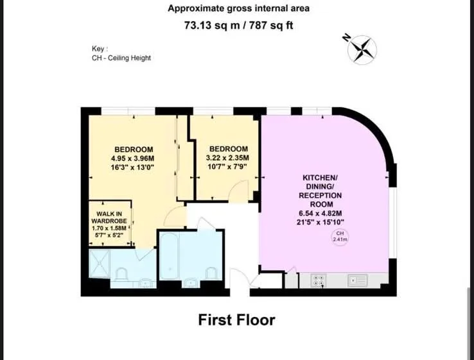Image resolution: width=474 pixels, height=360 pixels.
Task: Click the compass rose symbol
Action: pos(362,50)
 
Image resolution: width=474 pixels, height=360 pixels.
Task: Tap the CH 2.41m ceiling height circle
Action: pos(340,237)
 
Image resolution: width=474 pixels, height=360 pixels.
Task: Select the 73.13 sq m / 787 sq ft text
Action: pos(238,25)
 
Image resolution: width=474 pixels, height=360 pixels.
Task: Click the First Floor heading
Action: pos(237,320)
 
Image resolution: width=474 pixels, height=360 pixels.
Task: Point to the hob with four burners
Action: pos(319,280)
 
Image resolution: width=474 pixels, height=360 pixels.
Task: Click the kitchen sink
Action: pos(358,280)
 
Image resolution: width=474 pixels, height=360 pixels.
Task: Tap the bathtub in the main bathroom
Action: pos(170,256)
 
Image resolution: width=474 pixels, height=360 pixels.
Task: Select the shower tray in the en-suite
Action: pos(100,264)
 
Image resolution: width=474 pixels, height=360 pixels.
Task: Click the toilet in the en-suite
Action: pos(121,274)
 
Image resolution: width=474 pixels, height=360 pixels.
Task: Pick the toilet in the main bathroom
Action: pos(211,273)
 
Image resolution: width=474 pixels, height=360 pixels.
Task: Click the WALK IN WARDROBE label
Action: pos(109,218)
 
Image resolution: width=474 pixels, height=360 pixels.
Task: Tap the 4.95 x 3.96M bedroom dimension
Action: pos(133,159)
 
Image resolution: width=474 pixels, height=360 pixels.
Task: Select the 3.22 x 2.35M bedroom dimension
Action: pos(227,158)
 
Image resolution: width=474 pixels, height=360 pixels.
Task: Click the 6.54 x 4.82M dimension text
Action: pos(320,213)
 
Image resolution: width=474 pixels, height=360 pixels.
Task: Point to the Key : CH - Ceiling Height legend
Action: pos(121,53)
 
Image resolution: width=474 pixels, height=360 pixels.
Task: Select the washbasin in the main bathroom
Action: pos(191,283)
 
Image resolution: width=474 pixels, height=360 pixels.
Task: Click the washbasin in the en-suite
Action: pos(146,283)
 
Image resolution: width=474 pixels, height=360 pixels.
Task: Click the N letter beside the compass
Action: pos(346,38)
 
